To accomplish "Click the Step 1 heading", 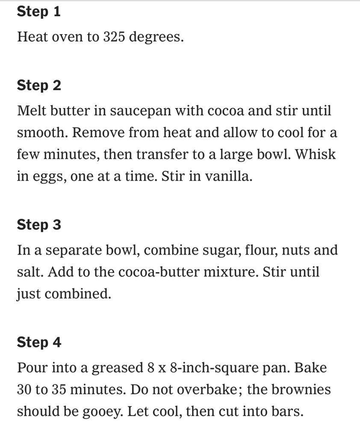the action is coord(38,12).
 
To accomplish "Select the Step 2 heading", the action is coord(39,85).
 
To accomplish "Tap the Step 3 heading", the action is coord(39,225).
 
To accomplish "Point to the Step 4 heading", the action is coord(39,342).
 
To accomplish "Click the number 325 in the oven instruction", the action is coord(114,37).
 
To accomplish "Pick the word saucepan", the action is coord(140,111).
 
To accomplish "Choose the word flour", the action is coord(261,250).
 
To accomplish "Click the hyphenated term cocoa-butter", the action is coord(159,272).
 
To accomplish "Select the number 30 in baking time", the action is coord(24,390).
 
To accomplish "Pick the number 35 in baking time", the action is coord(59,390).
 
